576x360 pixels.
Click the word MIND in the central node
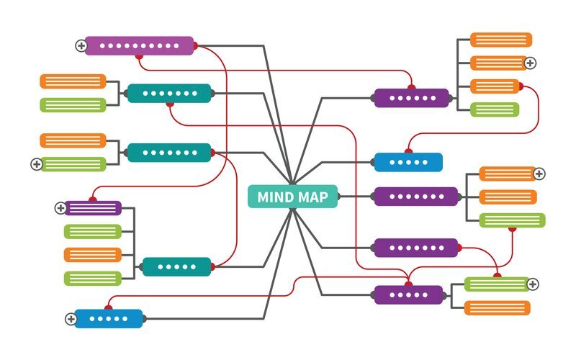274,197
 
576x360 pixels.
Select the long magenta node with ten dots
139,46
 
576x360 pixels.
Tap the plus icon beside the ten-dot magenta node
81,46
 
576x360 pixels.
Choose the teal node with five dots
176,266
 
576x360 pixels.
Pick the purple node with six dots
411,98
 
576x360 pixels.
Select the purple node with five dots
408,294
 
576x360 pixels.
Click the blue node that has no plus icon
408,162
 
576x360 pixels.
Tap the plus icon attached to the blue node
71,319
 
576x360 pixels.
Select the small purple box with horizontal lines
93,208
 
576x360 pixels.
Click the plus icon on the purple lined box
60,208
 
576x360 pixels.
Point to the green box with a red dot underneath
512,220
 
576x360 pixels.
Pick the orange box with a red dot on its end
495,86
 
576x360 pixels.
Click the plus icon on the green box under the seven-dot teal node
37,164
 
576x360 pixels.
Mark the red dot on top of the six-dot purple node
411,87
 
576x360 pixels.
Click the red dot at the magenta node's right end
195,46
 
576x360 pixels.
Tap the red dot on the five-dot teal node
213,266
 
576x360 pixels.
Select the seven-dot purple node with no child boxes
417,248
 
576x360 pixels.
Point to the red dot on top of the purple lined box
93,199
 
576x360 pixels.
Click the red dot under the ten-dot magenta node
139,57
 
